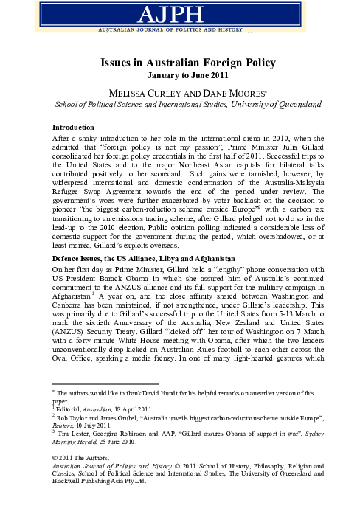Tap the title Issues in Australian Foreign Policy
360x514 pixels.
(179, 64)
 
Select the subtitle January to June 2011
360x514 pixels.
(179, 76)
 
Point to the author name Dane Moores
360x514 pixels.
(214, 92)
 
